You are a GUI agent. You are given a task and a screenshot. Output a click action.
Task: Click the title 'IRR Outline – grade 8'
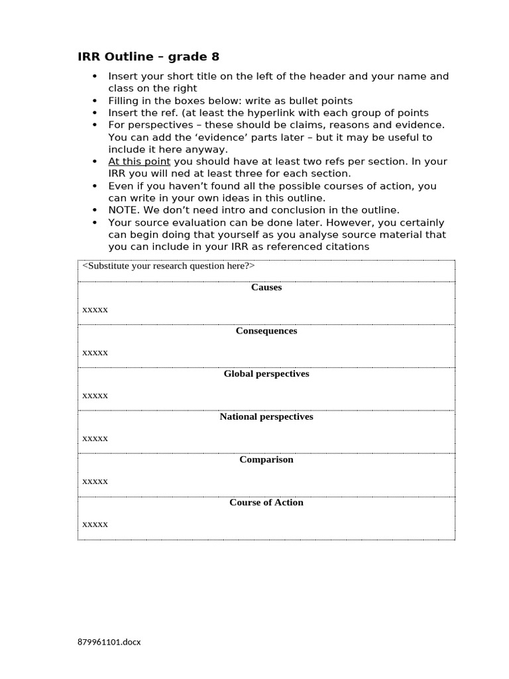pyautogui.click(x=148, y=56)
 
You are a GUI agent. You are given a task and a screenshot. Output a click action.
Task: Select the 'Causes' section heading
pyautogui.click(x=266, y=287)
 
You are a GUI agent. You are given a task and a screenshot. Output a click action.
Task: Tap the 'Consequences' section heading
pyautogui.click(x=266, y=330)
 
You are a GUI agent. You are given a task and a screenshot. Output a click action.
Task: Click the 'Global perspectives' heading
pyautogui.click(x=266, y=373)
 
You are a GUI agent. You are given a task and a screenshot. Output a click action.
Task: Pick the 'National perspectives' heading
pyautogui.click(x=266, y=416)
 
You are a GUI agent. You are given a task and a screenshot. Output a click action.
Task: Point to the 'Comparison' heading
pyautogui.click(x=266, y=459)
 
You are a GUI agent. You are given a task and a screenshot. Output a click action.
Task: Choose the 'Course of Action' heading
pyautogui.click(x=266, y=502)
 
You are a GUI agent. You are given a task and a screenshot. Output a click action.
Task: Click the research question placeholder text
pyautogui.click(x=168, y=266)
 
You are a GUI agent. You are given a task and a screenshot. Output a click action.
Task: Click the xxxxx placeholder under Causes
pyautogui.click(x=95, y=310)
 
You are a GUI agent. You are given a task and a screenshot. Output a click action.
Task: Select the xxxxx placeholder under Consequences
pyautogui.click(x=95, y=353)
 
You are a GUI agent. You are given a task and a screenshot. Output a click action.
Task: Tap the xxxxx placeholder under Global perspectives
pyautogui.click(x=95, y=396)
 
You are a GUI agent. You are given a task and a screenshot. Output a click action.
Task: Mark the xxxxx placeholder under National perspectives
pyautogui.click(x=95, y=438)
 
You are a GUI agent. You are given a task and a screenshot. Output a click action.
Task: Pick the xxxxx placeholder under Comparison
pyautogui.click(x=95, y=481)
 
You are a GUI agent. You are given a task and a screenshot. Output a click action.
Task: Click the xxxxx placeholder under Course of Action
pyautogui.click(x=95, y=525)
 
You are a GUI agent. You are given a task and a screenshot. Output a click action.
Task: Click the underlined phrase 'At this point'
pyautogui.click(x=139, y=162)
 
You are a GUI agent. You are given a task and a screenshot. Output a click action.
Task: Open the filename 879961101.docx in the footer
pyautogui.click(x=109, y=642)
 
